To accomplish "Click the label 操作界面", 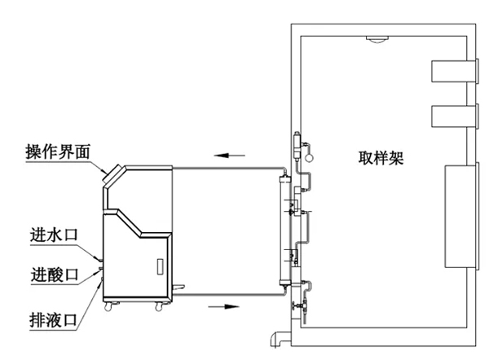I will pos(58,151).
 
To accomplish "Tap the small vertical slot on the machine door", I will pos(160,266).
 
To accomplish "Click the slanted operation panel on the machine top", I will pos(114,174).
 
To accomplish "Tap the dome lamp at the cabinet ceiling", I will pos(376,39).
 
